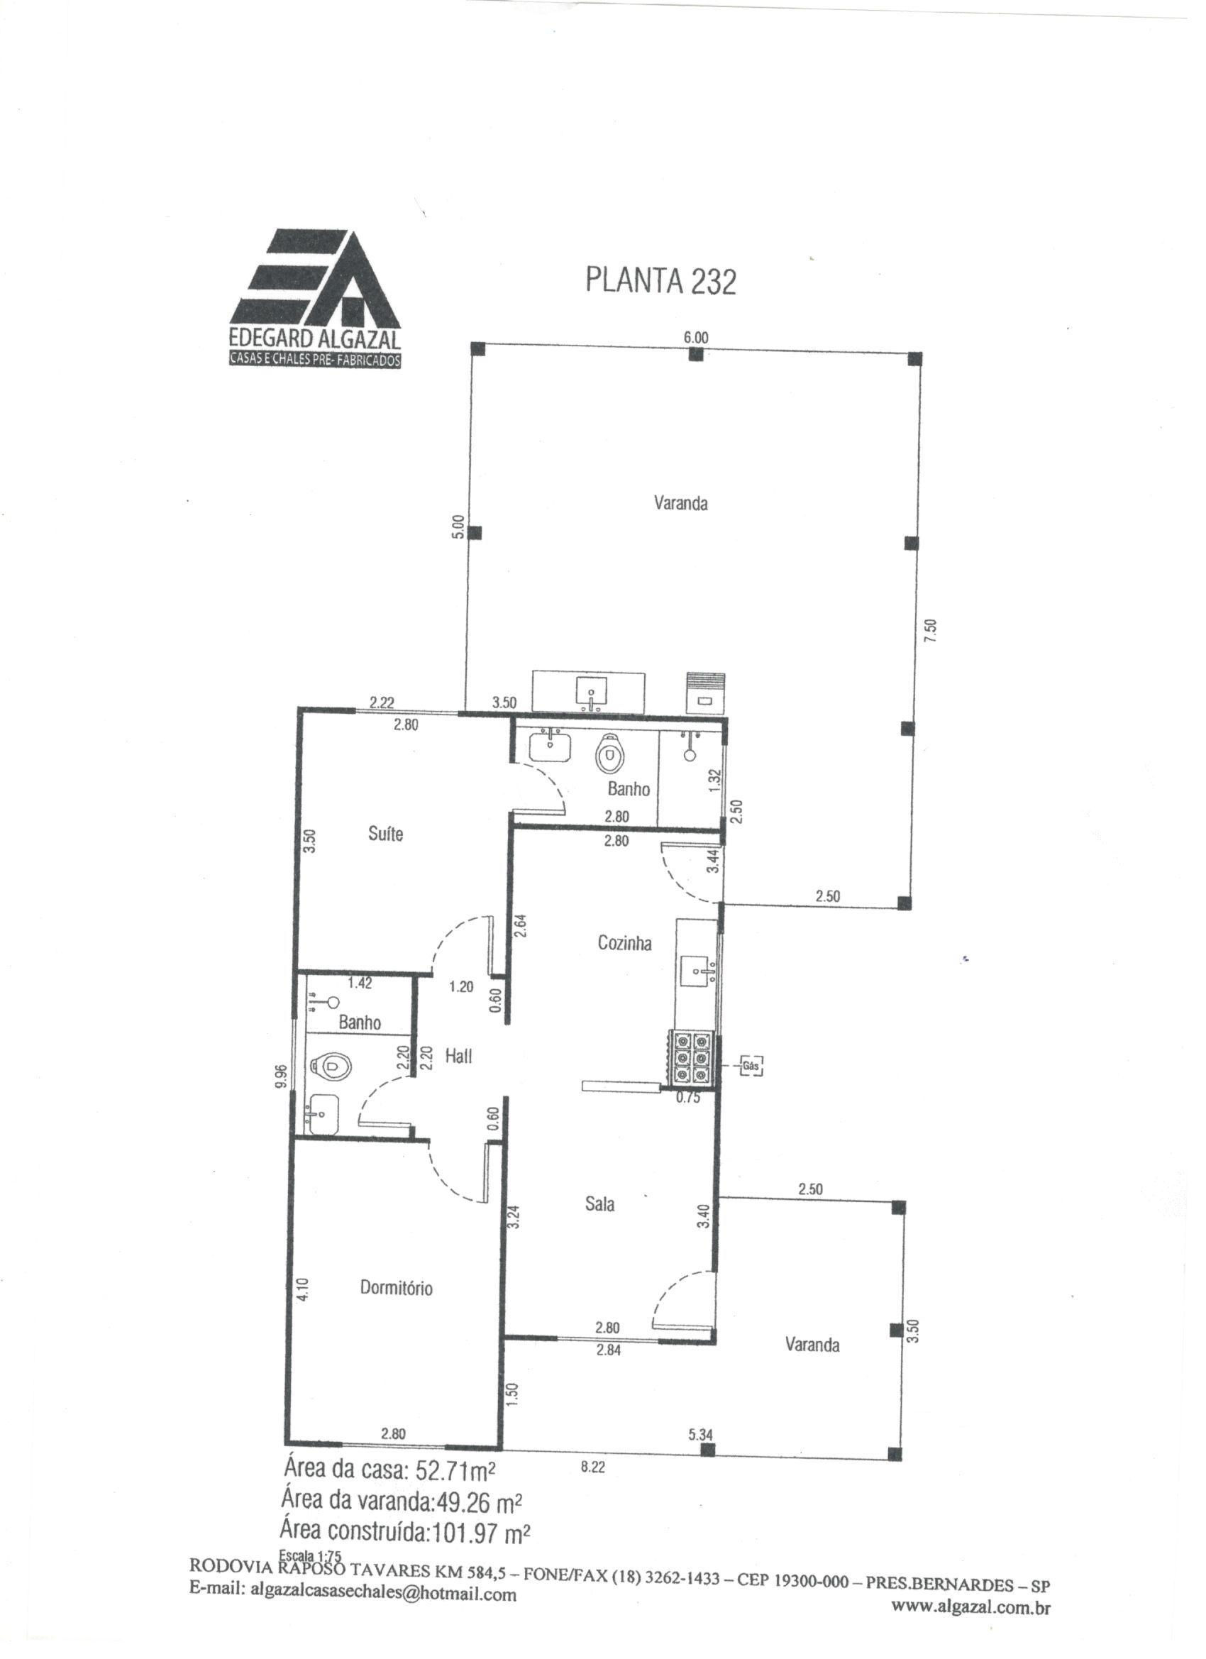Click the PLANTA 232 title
(660, 281)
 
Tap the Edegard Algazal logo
(315, 299)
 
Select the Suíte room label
(385, 834)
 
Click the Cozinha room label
(624, 943)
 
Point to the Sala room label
(599, 1203)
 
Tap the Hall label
(458, 1056)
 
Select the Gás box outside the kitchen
(751, 1066)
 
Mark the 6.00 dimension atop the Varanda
(695, 338)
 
